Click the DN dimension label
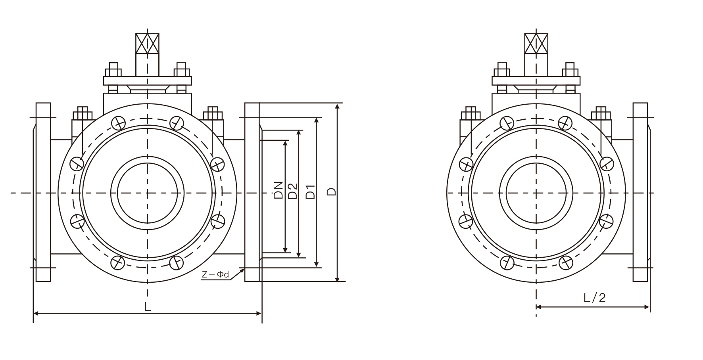(x=279, y=190)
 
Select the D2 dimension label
(x=292, y=191)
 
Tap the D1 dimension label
(x=311, y=191)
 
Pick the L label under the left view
(x=148, y=306)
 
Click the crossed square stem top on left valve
(x=147, y=44)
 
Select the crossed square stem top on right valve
(x=536, y=44)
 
